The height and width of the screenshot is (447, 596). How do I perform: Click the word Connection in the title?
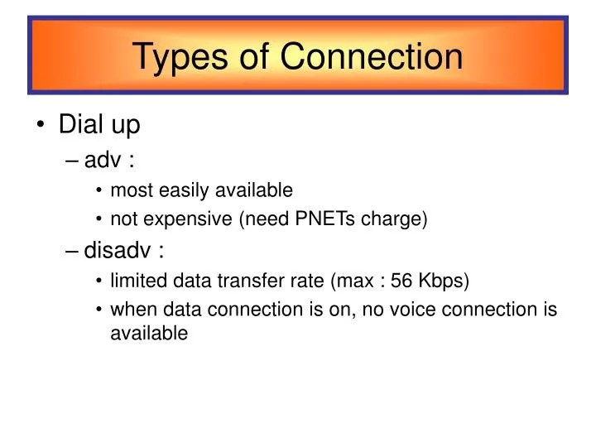coord(371,56)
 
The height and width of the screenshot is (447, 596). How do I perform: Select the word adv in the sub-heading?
coord(101,159)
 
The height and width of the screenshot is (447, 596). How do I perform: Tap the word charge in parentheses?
coord(400,219)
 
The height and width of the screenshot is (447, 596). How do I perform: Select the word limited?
coord(136,281)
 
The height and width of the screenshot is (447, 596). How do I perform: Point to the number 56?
coord(401,281)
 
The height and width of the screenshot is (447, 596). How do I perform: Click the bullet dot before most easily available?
coord(99,191)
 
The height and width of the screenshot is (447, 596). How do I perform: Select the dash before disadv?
coord(72,250)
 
